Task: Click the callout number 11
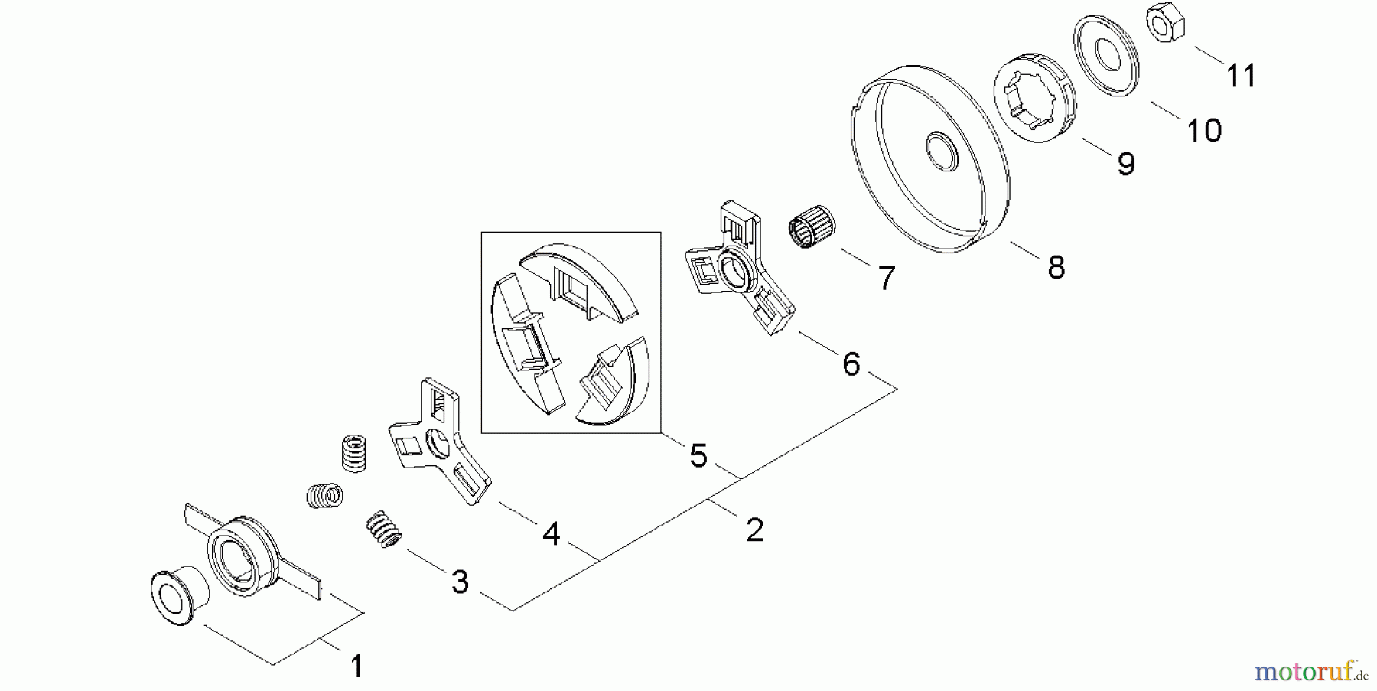coord(1241,77)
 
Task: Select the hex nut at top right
coord(1166,23)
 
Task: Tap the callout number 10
coord(1204,131)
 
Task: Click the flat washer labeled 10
coord(1106,55)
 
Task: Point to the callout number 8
coord(1056,268)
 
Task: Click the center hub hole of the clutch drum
coord(942,152)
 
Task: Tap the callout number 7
coord(886,279)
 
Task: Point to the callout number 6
coord(851,364)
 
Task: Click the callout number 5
coord(698,456)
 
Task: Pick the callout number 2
coord(754,530)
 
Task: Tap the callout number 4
coord(551,534)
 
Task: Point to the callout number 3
coord(459,582)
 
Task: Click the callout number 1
coord(356,667)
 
